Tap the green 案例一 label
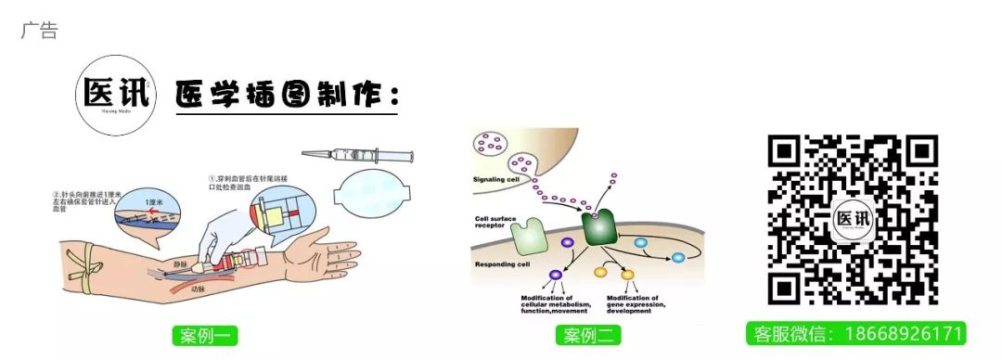click(x=205, y=335)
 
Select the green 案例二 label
click(x=588, y=335)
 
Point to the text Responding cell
click(x=501, y=264)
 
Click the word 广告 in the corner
click(x=39, y=31)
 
